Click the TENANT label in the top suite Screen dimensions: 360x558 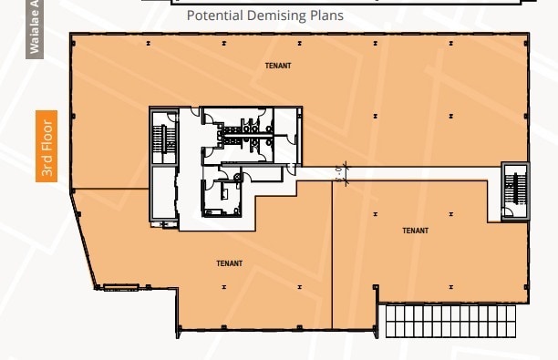point(278,66)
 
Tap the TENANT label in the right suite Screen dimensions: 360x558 point(415,231)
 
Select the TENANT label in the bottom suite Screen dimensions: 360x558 point(229,263)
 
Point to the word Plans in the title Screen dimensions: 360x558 point(327,16)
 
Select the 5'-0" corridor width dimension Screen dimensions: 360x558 point(339,172)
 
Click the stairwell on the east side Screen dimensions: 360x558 point(513,189)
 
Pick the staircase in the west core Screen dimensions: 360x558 point(165,138)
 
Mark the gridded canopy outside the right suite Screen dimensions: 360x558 point(446,319)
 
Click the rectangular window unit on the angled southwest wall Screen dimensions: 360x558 point(120,288)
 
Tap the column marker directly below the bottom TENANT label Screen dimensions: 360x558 point(223,287)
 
